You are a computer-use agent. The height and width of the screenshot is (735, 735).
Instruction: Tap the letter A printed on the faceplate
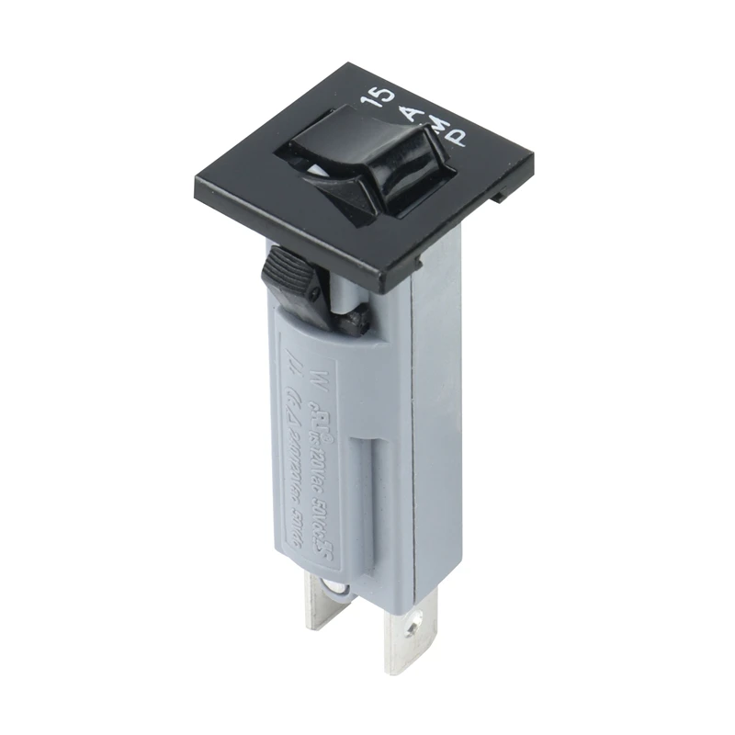(x=412, y=111)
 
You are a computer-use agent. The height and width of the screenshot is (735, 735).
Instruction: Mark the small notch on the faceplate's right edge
(x=500, y=196)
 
